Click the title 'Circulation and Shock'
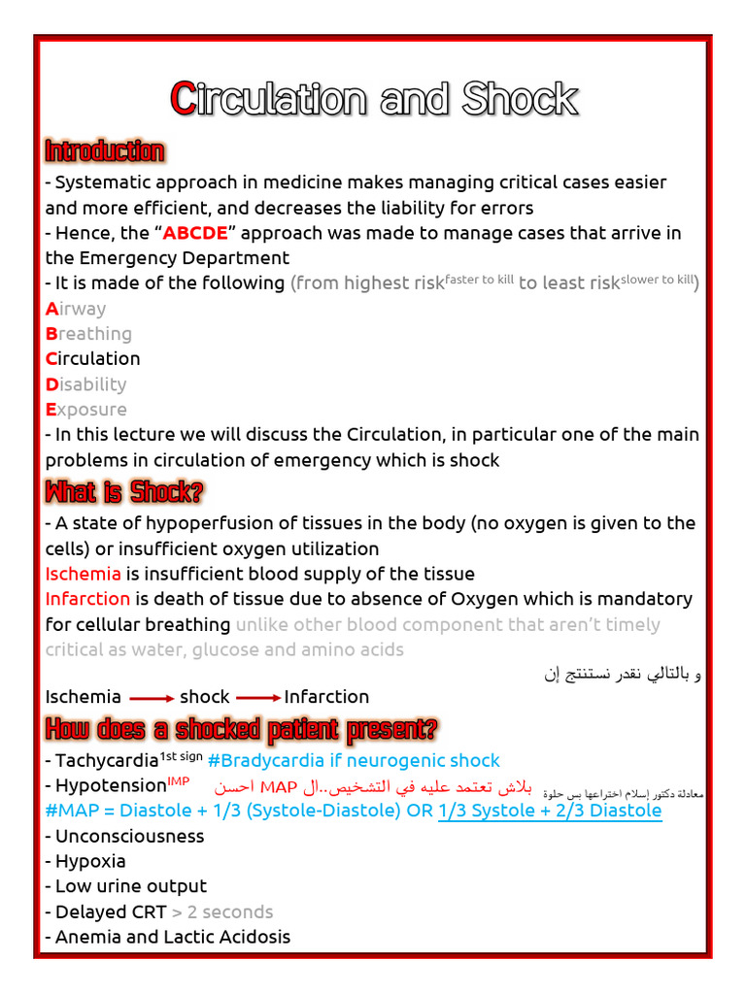pos(374,98)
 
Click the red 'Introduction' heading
pos(104,151)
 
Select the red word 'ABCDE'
pos(195,233)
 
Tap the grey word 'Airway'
pos(76,309)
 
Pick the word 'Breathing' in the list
pos(88,334)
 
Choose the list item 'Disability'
pos(85,384)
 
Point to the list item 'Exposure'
pos(85,410)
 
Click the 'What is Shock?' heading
pos(124,492)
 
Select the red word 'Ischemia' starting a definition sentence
pos(84,574)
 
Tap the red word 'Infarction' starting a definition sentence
pos(87,599)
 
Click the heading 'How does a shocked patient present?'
pos(241,728)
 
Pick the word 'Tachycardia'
pos(106,761)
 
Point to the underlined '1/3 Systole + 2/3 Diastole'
pos(550,811)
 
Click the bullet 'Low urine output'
pos(130,886)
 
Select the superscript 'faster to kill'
pos(479,279)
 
